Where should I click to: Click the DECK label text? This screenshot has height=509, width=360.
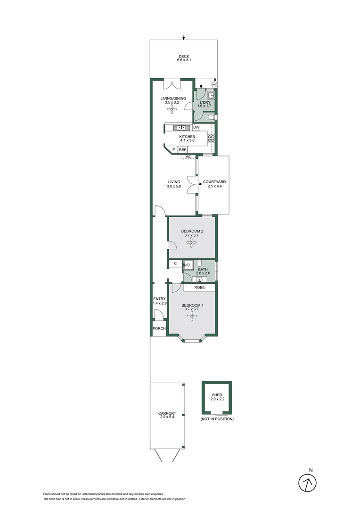pos(184,57)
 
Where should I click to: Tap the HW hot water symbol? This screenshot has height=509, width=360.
pos(214,84)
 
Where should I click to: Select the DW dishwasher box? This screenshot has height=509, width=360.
pos(196,127)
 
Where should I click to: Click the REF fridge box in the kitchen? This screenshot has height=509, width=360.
pos(182,149)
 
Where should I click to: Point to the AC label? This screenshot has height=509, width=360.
pos(188,156)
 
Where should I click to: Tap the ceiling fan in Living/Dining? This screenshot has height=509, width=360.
pos(173,110)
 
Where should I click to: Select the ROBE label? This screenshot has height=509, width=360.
pos(199,287)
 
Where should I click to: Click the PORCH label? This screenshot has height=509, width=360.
pos(159,329)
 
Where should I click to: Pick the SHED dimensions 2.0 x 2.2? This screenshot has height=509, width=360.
pos(217,399)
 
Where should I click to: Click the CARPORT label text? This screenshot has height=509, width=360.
pos(167,413)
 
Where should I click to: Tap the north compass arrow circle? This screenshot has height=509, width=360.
pos(308,482)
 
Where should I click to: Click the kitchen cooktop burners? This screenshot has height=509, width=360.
pos(212,139)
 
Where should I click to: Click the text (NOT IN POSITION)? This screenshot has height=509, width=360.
pos(217,419)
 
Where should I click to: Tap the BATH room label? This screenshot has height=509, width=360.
pos(203,269)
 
